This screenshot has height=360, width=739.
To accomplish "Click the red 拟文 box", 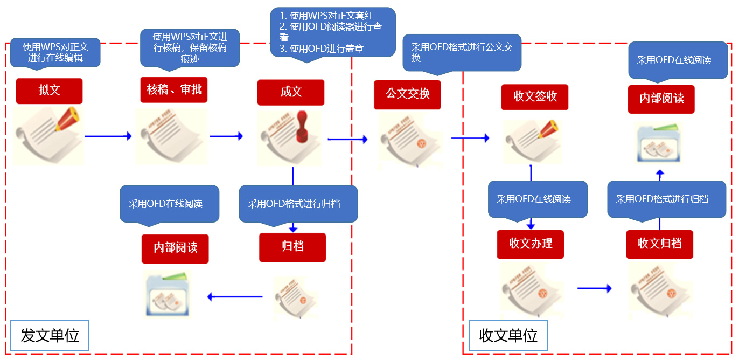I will (x=49, y=91).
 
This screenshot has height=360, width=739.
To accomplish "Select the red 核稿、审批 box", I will (x=174, y=89).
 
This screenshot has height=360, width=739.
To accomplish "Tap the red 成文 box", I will (x=291, y=92).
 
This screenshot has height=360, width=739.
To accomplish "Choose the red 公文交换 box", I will (x=408, y=94).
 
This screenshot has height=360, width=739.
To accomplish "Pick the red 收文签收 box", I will (x=535, y=97).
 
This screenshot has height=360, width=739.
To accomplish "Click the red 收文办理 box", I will (x=531, y=244).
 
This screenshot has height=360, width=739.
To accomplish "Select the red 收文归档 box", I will (x=659, y=244).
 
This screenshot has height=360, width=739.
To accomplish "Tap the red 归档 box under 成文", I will (x=292, y=247).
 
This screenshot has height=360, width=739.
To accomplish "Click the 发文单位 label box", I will (x=50, y=336).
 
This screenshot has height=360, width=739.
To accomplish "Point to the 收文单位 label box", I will (x=508, y=336).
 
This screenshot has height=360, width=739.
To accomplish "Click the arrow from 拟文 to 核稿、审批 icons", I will (x=108, y=136).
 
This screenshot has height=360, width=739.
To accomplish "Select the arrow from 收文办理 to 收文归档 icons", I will (x=594, y=289).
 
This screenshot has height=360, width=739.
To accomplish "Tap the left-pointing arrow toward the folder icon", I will (x=235, y=297).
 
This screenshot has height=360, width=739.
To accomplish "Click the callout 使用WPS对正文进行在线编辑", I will (x=55, y=52).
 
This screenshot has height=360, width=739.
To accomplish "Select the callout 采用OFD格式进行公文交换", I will (x=462, y=53).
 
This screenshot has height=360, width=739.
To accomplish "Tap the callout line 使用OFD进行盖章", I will (x=326, y=49).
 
